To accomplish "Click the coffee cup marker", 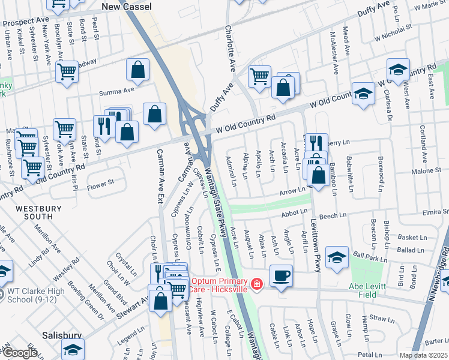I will pos(282,276).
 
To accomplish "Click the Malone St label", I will pos(427,171).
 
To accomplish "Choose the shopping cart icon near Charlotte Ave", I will pos(259,76).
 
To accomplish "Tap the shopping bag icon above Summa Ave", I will pos(138,70).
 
